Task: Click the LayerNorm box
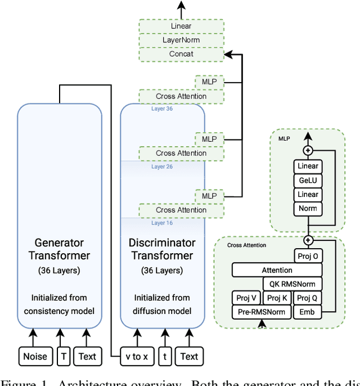[x=181, y=40]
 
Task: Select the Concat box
[x=181, y=54]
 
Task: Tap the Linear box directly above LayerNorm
[x=181, y=26]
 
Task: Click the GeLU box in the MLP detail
[x=308, y=180]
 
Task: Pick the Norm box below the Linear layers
[x=308, y=208]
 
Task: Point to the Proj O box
[x=308, y=256]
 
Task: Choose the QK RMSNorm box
[x=292, y=284]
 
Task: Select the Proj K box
[x=277, y=298]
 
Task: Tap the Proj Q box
[x=308, y=298]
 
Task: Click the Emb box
[x=308, y=312]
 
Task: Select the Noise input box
[x=35, y=356]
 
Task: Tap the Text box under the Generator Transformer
[x=87, y=356]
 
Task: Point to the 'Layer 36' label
[x=162, y=109]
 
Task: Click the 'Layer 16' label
[x=162, y=223]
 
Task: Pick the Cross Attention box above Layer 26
[x=181, y=153]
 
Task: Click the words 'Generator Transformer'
[x=60, y=249]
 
